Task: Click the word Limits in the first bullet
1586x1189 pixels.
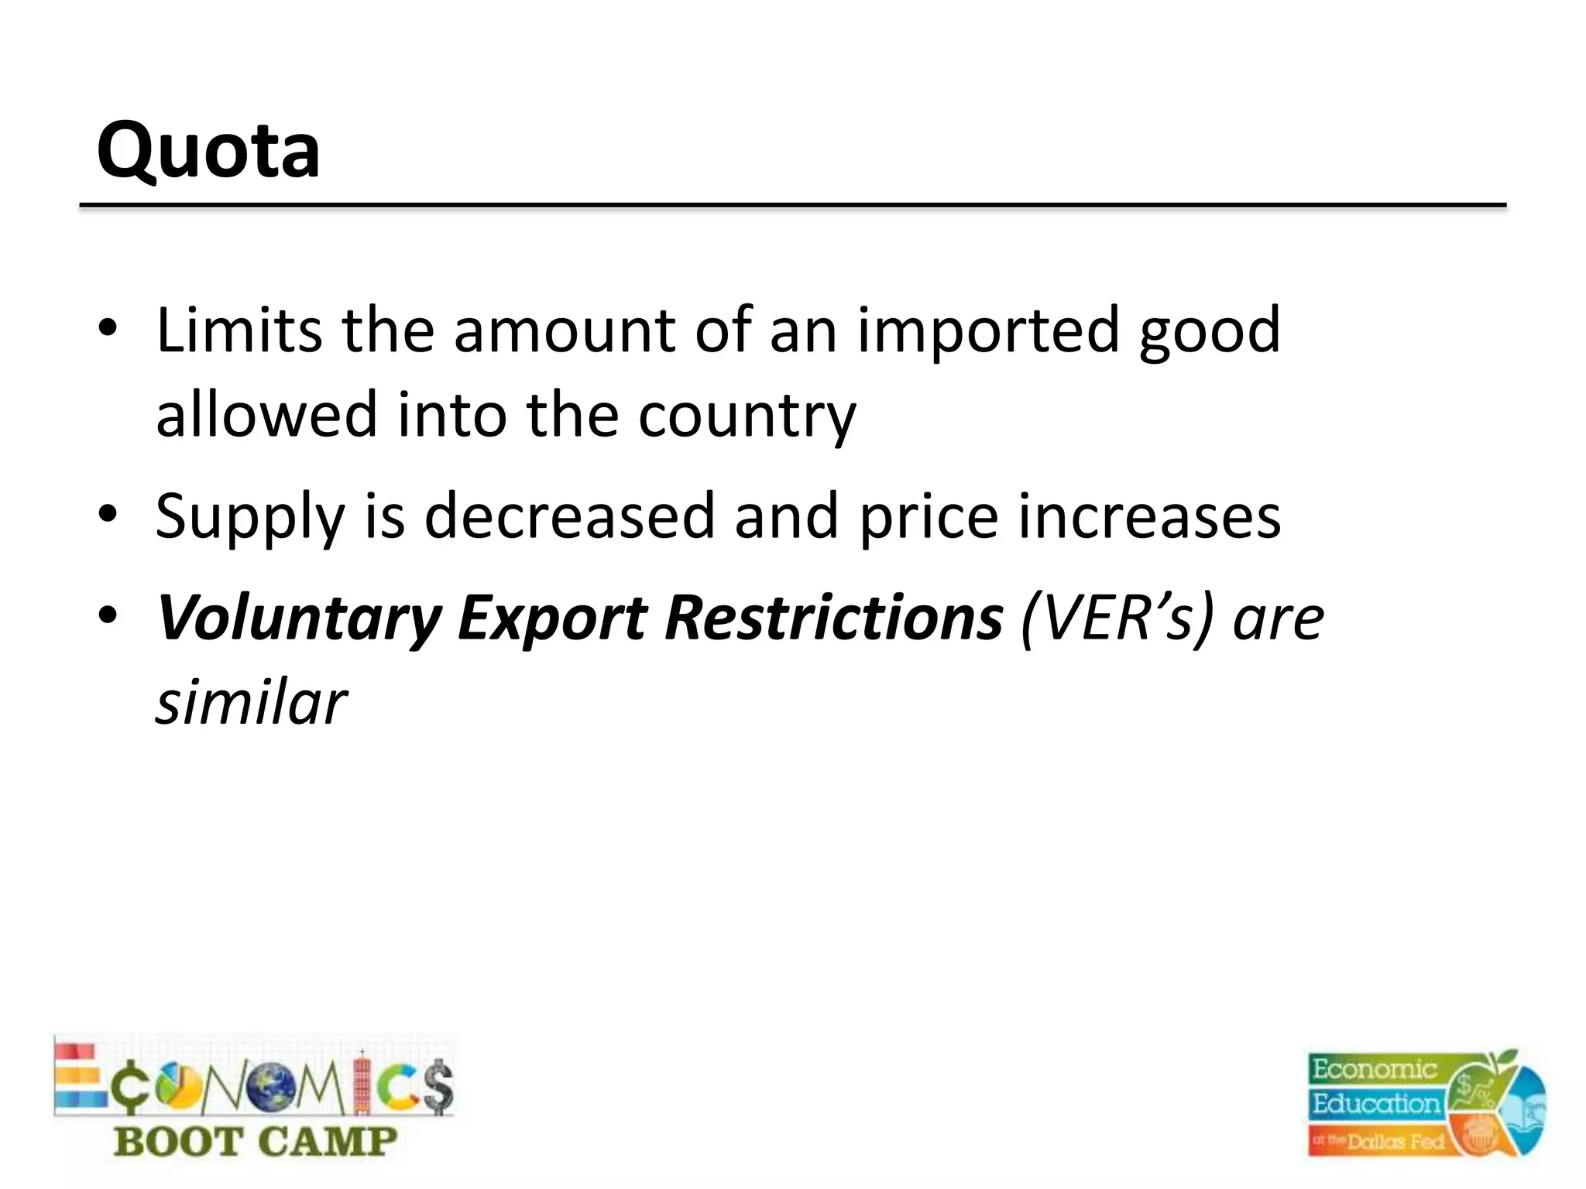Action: click(x=239, y=331)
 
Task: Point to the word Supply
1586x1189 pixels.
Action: click(x=249, y=517)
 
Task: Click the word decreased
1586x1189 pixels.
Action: click(x=569, y=516)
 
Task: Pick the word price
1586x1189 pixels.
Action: click(x=929, y=517)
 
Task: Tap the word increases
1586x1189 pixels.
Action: click(x=1149, y=516)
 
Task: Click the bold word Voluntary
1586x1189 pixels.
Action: click(x=299, y=618)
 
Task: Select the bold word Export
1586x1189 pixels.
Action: click(x=552, y=618)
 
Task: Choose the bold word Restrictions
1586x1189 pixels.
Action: click(x=833, y=618)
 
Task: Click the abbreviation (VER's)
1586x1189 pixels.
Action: click(x=1116, y=618)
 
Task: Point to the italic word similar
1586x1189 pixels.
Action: click(x=251, y=702)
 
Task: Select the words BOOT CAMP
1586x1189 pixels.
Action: click(x=255, y=1142)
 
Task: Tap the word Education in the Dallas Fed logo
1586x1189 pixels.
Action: click(x=1375, y=1103)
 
